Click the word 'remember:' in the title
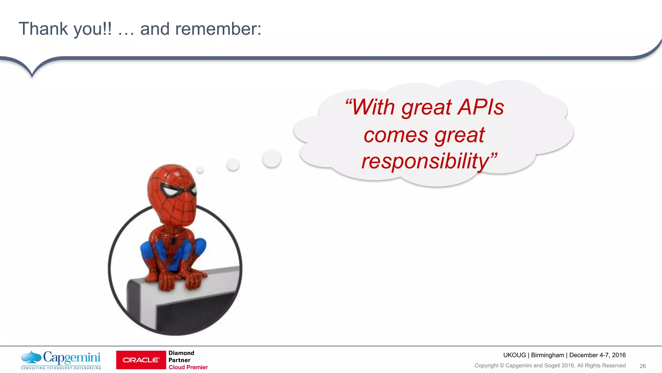point(218,29)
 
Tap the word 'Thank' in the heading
point(43,29)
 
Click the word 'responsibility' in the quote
point(425,161)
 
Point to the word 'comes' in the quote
point(396,135)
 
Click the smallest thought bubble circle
point(200,169)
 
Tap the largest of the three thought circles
point(272,158)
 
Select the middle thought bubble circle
point(233,164)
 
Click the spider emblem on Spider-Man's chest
point(174,241)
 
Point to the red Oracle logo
point(141,360)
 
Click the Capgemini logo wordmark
point(72,357)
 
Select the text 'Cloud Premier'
point(188,367)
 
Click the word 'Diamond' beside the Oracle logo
point(181,353)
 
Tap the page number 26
point(643,366)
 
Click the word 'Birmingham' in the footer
point(547,355)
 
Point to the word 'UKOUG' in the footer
point(515,355)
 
